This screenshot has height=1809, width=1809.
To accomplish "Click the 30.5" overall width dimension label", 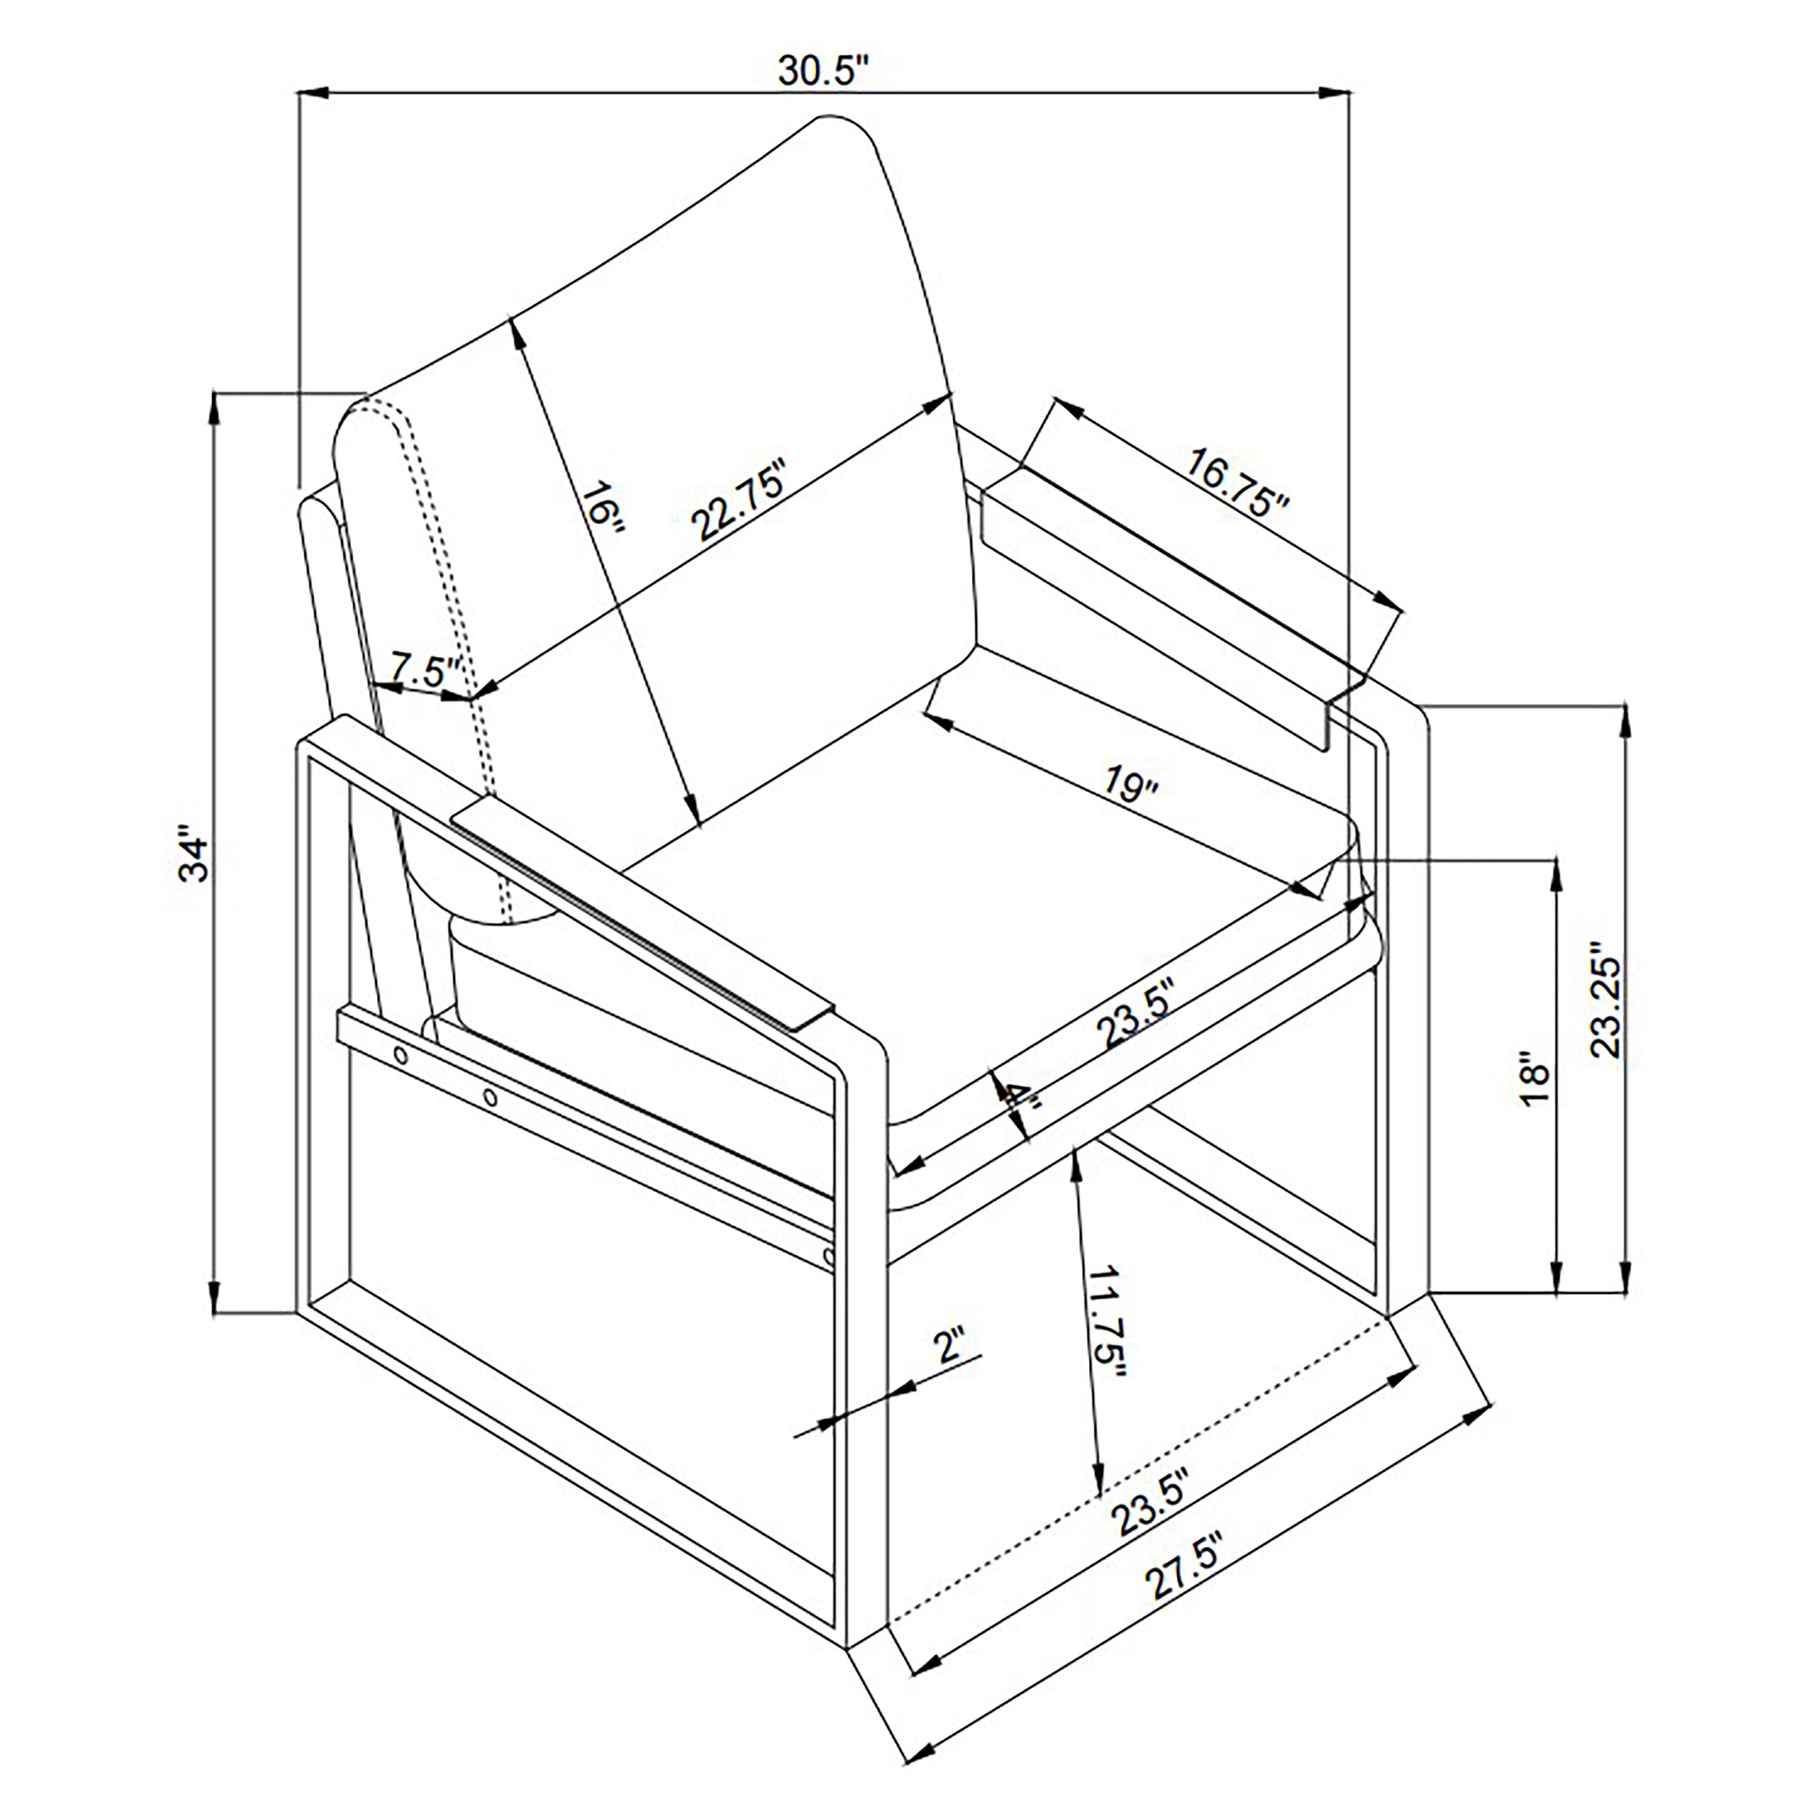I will point(824,70).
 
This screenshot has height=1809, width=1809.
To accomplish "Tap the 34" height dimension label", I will point(195,853).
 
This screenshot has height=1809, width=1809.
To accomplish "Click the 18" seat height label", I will point(1535,1082).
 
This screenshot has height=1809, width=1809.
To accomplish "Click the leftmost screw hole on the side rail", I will point(401,1055).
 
